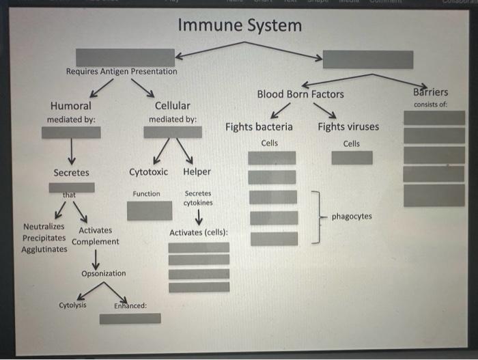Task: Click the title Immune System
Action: [239, 26]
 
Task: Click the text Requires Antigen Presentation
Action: [121, 72]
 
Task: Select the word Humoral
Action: [71, 106]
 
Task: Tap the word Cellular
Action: [172, 106]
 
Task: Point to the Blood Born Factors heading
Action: [300, 94]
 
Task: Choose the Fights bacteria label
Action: [259, 126]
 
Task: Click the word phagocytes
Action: [352, 217]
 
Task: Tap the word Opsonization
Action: [103, 273]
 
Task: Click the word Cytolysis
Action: [72, 305]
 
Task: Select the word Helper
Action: [197, 172]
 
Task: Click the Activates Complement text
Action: [95, 236]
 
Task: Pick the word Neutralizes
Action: [44, 226]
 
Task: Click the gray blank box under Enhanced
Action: [130, 318]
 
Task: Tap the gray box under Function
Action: [150, 210]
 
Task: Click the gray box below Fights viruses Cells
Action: [352, 158]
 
